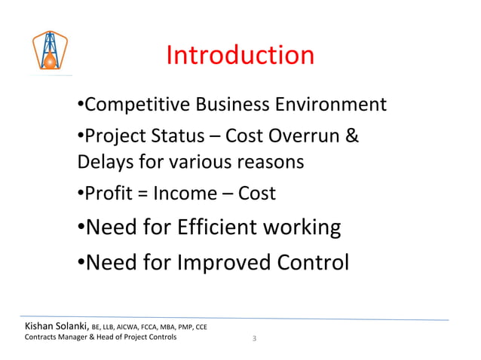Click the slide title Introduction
tap(240, 55)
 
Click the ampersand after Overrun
tap(351, 136)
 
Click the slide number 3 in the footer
tap(255, 338)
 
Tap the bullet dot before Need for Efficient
tap(81, 227)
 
